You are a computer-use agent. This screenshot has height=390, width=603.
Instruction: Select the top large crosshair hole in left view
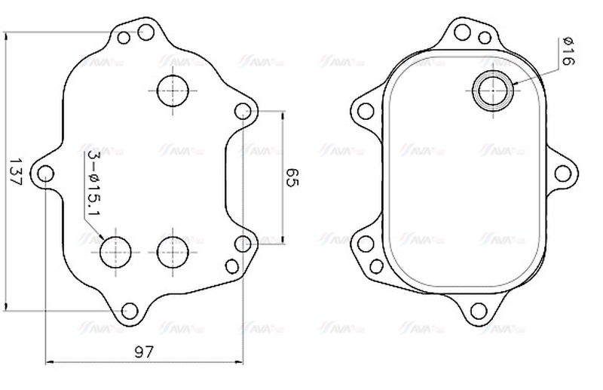point(173,91)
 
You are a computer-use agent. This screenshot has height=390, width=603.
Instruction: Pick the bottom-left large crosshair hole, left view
point(116,250)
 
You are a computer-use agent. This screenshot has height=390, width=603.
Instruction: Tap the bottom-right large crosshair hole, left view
point(173,250)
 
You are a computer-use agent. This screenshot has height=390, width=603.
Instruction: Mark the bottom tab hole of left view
point(130,310)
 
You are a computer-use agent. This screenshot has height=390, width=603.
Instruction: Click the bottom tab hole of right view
point(477,310)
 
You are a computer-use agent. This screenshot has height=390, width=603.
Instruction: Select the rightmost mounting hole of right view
point(562,173)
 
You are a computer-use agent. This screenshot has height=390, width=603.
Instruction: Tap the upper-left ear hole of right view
point(366,112)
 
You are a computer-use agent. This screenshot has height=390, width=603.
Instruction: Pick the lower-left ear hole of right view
point(366,244)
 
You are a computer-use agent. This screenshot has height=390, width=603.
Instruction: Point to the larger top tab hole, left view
point(146,32)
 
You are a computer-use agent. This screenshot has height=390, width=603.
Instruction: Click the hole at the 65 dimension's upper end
point(242,112)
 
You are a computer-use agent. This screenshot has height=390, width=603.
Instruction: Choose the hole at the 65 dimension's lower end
point(242,244)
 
